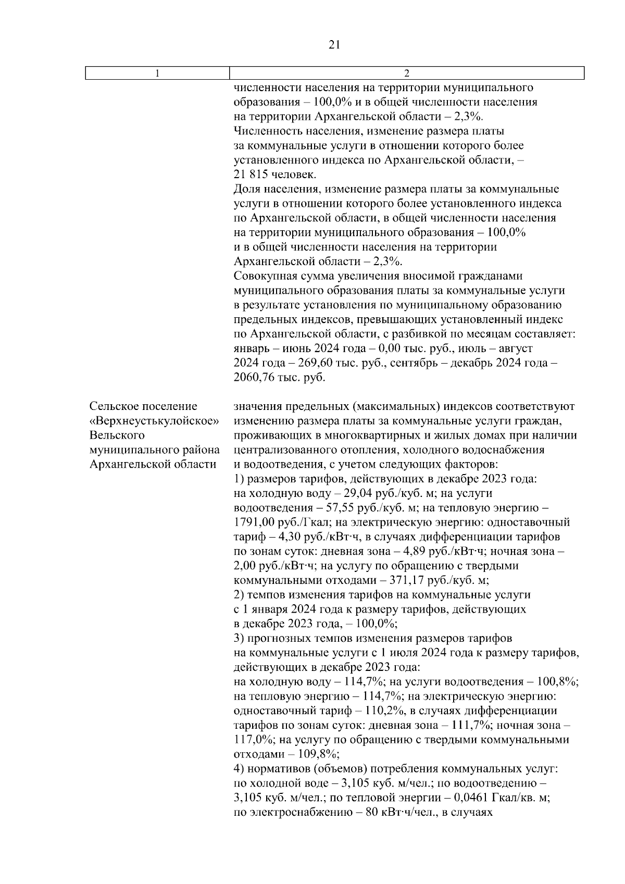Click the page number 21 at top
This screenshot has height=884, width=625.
point(335,45)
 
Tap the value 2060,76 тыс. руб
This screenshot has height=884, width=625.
point(253,377)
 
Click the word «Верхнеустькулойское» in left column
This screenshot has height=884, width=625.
point(154,420)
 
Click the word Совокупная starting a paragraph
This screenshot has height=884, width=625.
point(264,276)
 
